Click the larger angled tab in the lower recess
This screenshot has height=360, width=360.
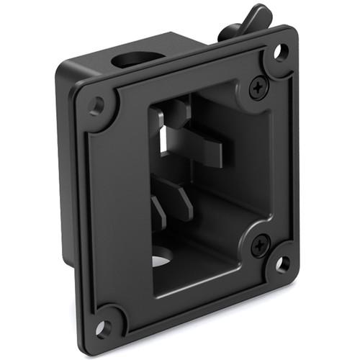pos(176,199)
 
